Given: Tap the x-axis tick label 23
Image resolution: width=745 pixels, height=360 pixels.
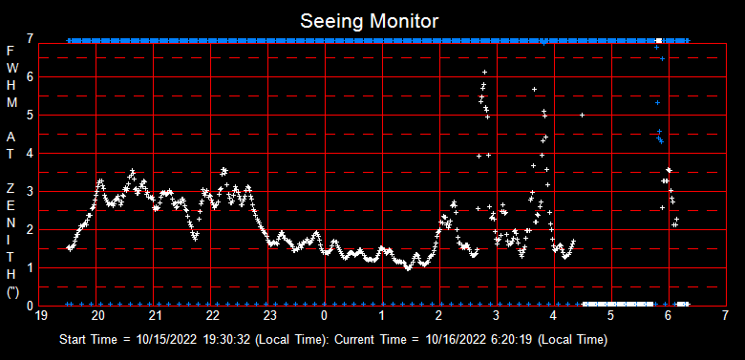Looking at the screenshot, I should [270, 314].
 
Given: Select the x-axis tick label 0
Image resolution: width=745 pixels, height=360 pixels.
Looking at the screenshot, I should [325, 314].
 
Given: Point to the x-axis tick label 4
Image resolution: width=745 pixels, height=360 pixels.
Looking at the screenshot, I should [554, 314].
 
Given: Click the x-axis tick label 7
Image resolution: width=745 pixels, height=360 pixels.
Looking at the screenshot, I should [725, 314].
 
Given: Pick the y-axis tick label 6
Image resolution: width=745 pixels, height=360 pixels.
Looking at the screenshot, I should [31, 76].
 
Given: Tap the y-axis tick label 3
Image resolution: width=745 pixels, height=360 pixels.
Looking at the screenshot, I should [31, 191].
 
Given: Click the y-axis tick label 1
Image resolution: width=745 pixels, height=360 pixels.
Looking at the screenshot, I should [31, 267].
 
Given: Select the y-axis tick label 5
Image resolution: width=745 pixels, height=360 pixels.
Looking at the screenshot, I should [31, 115].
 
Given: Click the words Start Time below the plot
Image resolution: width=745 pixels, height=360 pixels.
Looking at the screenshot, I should [91, 339].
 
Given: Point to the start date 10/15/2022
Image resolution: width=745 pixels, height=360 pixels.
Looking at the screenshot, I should [166, 339].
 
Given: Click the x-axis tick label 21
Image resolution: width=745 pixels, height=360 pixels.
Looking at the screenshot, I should [156, 314].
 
